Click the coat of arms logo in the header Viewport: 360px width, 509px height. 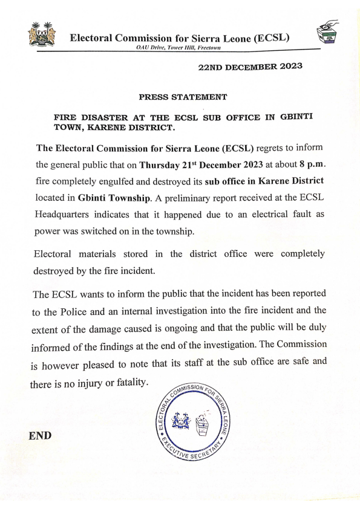click(42, 36)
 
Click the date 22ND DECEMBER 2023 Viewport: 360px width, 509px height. click(250, 68)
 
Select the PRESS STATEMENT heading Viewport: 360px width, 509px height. click(183, 97)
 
